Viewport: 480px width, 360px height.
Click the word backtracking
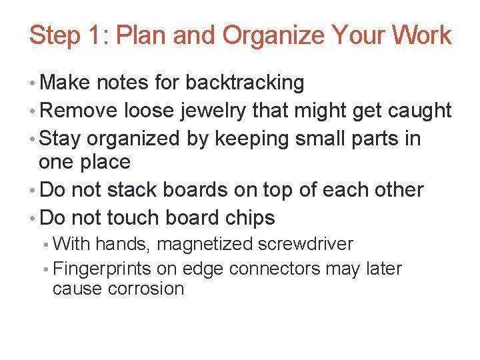pos(245,83)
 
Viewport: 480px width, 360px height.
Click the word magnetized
pos(205,245)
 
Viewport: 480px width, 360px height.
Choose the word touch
pos(131,217)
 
